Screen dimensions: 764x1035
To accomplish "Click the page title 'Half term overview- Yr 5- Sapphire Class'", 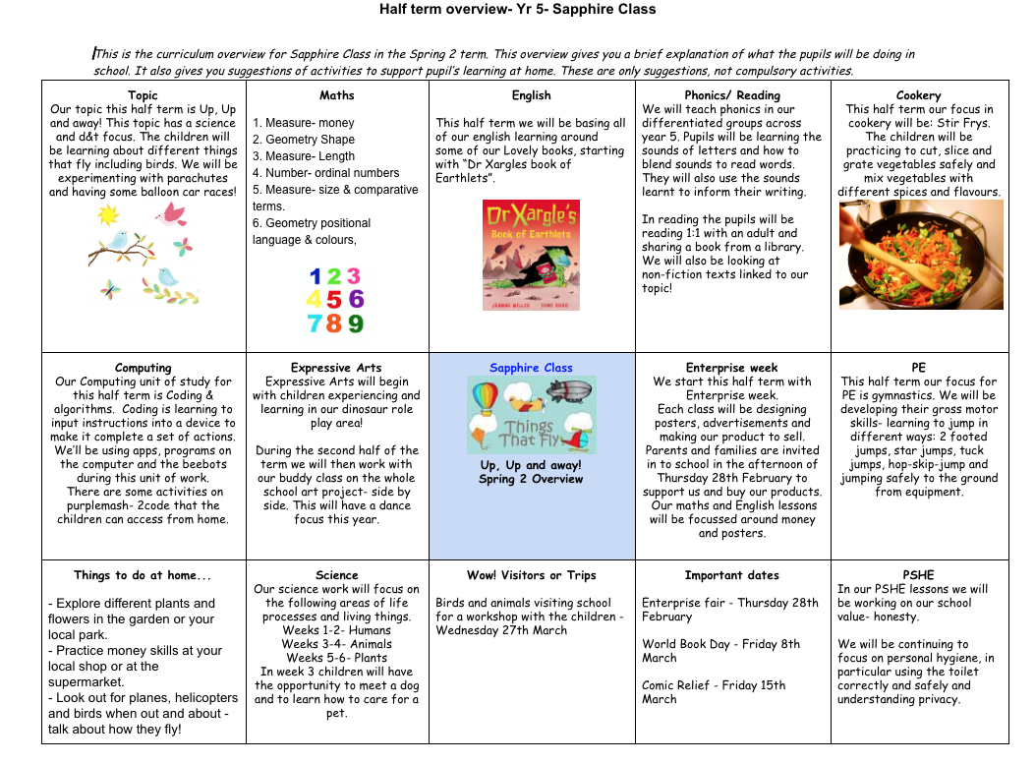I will (517, 9).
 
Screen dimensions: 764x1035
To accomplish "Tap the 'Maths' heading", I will (337, 95).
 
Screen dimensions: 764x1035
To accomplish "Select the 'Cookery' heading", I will (919, 95).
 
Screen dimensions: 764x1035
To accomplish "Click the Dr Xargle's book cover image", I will (531, 256).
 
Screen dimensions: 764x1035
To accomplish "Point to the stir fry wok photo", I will (921, 255).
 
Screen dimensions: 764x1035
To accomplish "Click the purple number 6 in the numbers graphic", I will (356, 299).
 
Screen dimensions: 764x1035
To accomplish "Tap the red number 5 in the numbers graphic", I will (335, 300).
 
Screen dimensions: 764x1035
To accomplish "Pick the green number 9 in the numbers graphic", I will (356, 323).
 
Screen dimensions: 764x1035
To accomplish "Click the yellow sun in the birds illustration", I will (107, 215).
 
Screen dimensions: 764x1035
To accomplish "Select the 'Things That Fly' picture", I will (532, 414).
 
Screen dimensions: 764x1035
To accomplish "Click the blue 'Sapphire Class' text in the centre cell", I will (531, 368).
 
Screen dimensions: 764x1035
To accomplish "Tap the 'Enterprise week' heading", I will (732, 368).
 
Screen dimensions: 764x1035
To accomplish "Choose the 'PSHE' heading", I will (918, 575).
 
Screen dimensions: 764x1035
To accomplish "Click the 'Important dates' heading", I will (732, 575).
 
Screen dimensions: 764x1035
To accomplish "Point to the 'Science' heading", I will (337, 575).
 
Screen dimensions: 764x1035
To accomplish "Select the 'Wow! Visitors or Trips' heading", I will (532, 575).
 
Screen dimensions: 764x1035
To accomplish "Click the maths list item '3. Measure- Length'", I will (304, 156).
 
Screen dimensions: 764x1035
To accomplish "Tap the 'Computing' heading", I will (144, 368).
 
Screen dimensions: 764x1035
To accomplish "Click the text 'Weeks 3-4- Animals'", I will (337, 644).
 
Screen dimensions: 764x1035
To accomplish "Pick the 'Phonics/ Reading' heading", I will (732, 95).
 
